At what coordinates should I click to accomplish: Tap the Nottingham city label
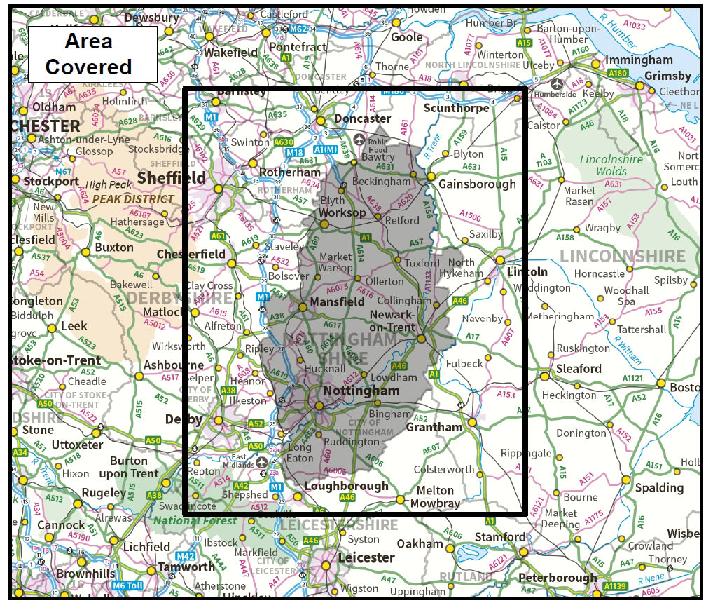(x=361, y=391)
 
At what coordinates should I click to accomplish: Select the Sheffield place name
(x=172, y=177)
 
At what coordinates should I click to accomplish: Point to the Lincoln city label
(x=527, y=271)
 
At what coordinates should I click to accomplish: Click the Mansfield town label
(x=337, y=302)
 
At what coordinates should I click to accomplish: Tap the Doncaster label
(x=362, y=118)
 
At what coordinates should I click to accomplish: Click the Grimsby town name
(x=667, y=75)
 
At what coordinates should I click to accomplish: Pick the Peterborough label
(x=558, y=578)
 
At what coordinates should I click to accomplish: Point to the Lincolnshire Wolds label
(x=611, y=165)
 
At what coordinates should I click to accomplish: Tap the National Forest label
(x=195, y=521)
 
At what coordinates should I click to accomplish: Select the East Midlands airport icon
(x=262, y=462)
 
